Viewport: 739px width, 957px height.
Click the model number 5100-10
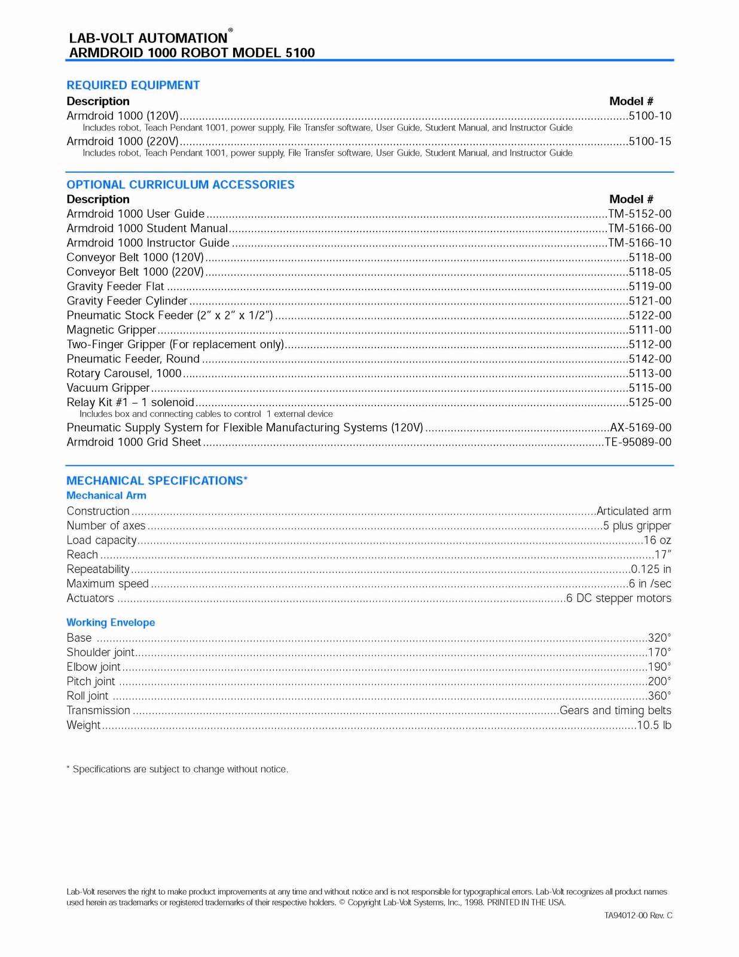(x=650, y=116)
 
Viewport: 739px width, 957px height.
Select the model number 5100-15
(x=650, y=142)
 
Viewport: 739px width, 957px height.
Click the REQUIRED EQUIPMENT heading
(x=133, y=86)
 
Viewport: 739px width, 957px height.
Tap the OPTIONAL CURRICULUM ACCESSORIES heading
(x=181, y=185)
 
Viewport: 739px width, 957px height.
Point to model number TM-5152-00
(x=640, y=214)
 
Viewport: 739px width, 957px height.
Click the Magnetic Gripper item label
(x=111, y=330)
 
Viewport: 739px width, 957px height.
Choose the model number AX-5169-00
(x=640, y=428)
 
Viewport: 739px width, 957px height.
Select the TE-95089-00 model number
(x=638, y=443)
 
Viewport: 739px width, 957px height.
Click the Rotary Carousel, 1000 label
(x=124, y=374)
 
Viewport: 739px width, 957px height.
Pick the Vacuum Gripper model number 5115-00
(x=650, y=388)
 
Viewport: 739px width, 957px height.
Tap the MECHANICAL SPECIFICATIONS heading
(x=157, y=481)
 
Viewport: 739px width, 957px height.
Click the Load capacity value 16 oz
(x=657, y=541)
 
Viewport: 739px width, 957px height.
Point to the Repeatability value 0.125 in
(x=651, y=569)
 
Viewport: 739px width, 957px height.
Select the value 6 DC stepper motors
(x=619, y=599)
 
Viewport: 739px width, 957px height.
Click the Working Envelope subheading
(x=111, y=623)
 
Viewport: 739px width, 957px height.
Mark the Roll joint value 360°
(x=659, y=696)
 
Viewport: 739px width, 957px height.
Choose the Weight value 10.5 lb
(x=654, y=726)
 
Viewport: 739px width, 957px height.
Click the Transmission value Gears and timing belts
(x=615, y=711)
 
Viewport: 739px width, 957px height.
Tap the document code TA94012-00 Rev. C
(x=638, y=916)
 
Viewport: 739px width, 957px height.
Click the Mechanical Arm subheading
(x=106, y=496)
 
